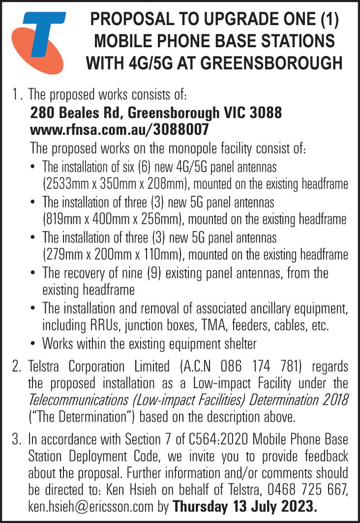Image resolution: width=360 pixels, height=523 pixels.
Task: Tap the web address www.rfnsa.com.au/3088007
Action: [x=120, y=130]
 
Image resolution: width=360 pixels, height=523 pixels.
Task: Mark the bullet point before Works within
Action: [x=32, y=343]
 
